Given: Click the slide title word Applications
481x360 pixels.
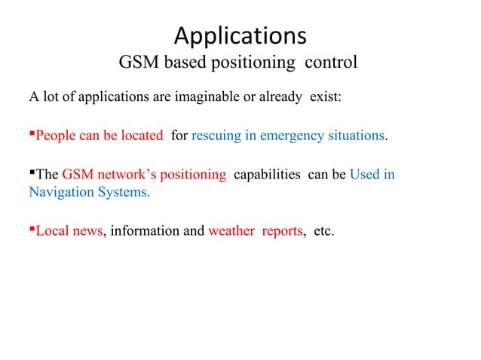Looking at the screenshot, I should pyautogui.click(x=240, y=35).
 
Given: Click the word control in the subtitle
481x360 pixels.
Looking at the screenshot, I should pyautogui.click(x=331, y=63).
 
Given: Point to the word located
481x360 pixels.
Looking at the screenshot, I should pyautogui.click(x=142, y=136).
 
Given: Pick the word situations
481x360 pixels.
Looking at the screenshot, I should pyautogui.click(x=358, y=136).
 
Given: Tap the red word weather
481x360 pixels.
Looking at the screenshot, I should pyautogui.click(x=231, y=230).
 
